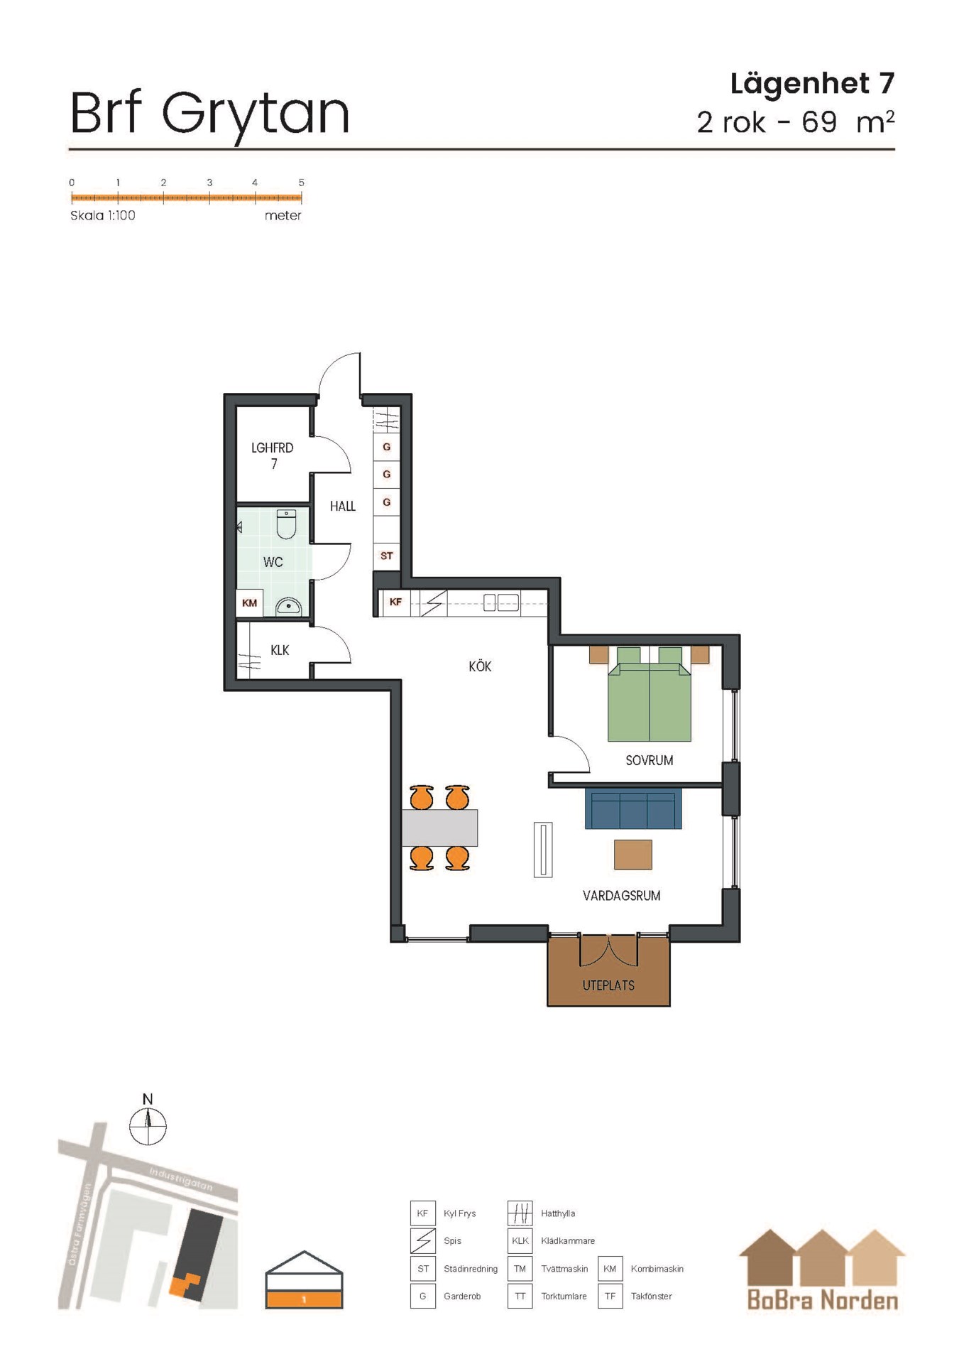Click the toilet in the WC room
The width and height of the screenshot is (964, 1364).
[286, 524]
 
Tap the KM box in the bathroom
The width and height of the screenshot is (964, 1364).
[249, 603]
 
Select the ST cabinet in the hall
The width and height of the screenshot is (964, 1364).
[386, 556]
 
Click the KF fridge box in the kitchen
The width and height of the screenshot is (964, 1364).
[395, 602]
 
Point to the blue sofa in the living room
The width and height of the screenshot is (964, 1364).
[633, 808]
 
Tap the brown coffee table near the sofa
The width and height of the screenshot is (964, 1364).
[632, 854]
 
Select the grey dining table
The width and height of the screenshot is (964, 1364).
[439, 828]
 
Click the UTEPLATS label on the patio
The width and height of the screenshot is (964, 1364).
[608, 985]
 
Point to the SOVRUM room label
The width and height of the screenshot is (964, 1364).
[649, 760]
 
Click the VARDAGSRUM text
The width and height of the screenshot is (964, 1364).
[621, 896]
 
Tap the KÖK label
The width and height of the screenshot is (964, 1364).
[480, 666]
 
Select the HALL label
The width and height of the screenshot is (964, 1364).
[342, 506]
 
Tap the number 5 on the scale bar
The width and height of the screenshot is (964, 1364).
[301, 183]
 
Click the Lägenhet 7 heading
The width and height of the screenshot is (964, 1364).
[812, 84]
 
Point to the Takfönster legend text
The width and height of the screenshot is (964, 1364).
[651, 1296]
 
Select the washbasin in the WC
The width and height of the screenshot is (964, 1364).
[289, 607]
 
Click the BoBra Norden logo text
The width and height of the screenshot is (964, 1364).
[823, 1300]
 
